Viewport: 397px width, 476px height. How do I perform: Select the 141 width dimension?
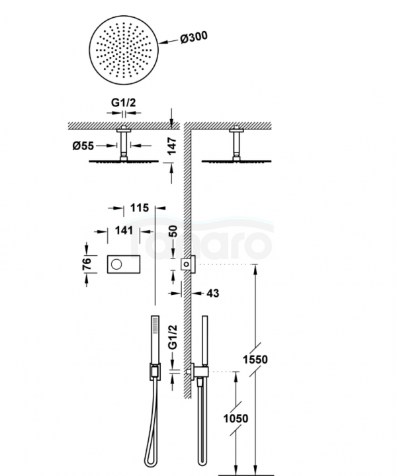tap(123, 230)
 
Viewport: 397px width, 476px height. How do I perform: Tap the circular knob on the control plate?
tap(116, 264)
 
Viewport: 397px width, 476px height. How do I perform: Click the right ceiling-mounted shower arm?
tap(238, 143)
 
